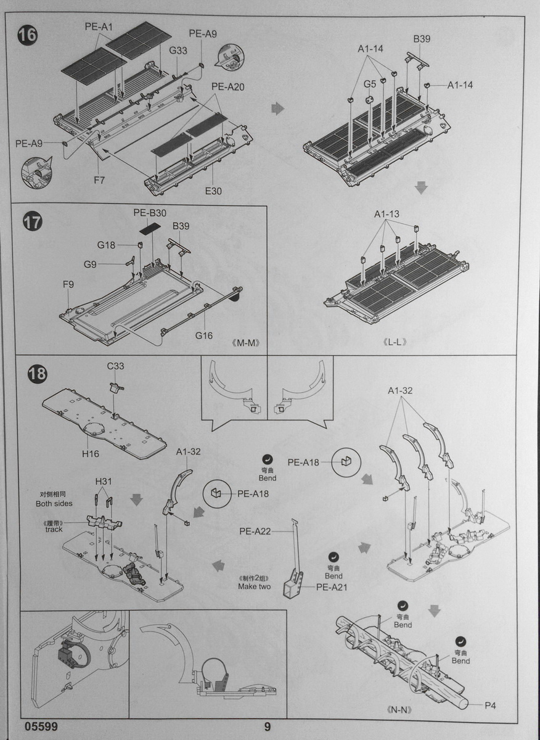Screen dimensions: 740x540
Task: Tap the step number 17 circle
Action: click(x=32, y=221)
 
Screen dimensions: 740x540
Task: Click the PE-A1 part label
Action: click(x=99, y=27)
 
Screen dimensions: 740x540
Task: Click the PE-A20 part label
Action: click(x=228, y=87)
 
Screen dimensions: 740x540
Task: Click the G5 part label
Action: click(x=369, y=84)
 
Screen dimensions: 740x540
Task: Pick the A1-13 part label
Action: click(x=387, y=214)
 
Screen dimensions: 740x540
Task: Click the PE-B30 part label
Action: click(x=150, y=213)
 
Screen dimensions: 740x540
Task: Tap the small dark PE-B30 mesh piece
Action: click(x=149, y=228)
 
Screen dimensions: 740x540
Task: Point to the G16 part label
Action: click(x=203, y=335)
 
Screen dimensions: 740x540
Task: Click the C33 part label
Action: click(x=115, y=366)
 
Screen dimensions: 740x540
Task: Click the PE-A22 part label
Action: click(x=256, y=531)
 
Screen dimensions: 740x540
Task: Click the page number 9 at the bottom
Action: click(x=267, y=727)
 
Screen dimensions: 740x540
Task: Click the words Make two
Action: click(x=254, y=586)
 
